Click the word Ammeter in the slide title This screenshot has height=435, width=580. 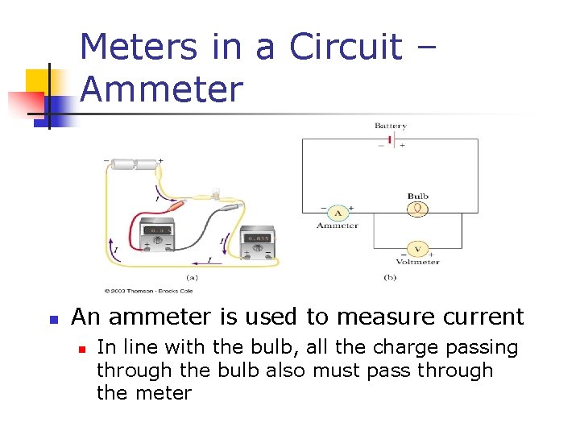click(161, 89)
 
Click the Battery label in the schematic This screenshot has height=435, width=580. click(390, 126)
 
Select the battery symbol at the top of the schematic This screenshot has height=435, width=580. click(390, 139)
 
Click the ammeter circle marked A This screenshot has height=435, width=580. click(338, 213)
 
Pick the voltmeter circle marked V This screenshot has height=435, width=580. click(417, 249)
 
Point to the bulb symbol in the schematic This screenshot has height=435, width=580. click(417, 209)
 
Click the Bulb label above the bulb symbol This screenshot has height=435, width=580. click(417, 196)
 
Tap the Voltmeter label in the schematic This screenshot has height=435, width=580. click(417, 262)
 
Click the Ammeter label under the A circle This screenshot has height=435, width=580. click(338, 226)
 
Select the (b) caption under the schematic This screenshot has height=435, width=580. click(390, 275)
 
